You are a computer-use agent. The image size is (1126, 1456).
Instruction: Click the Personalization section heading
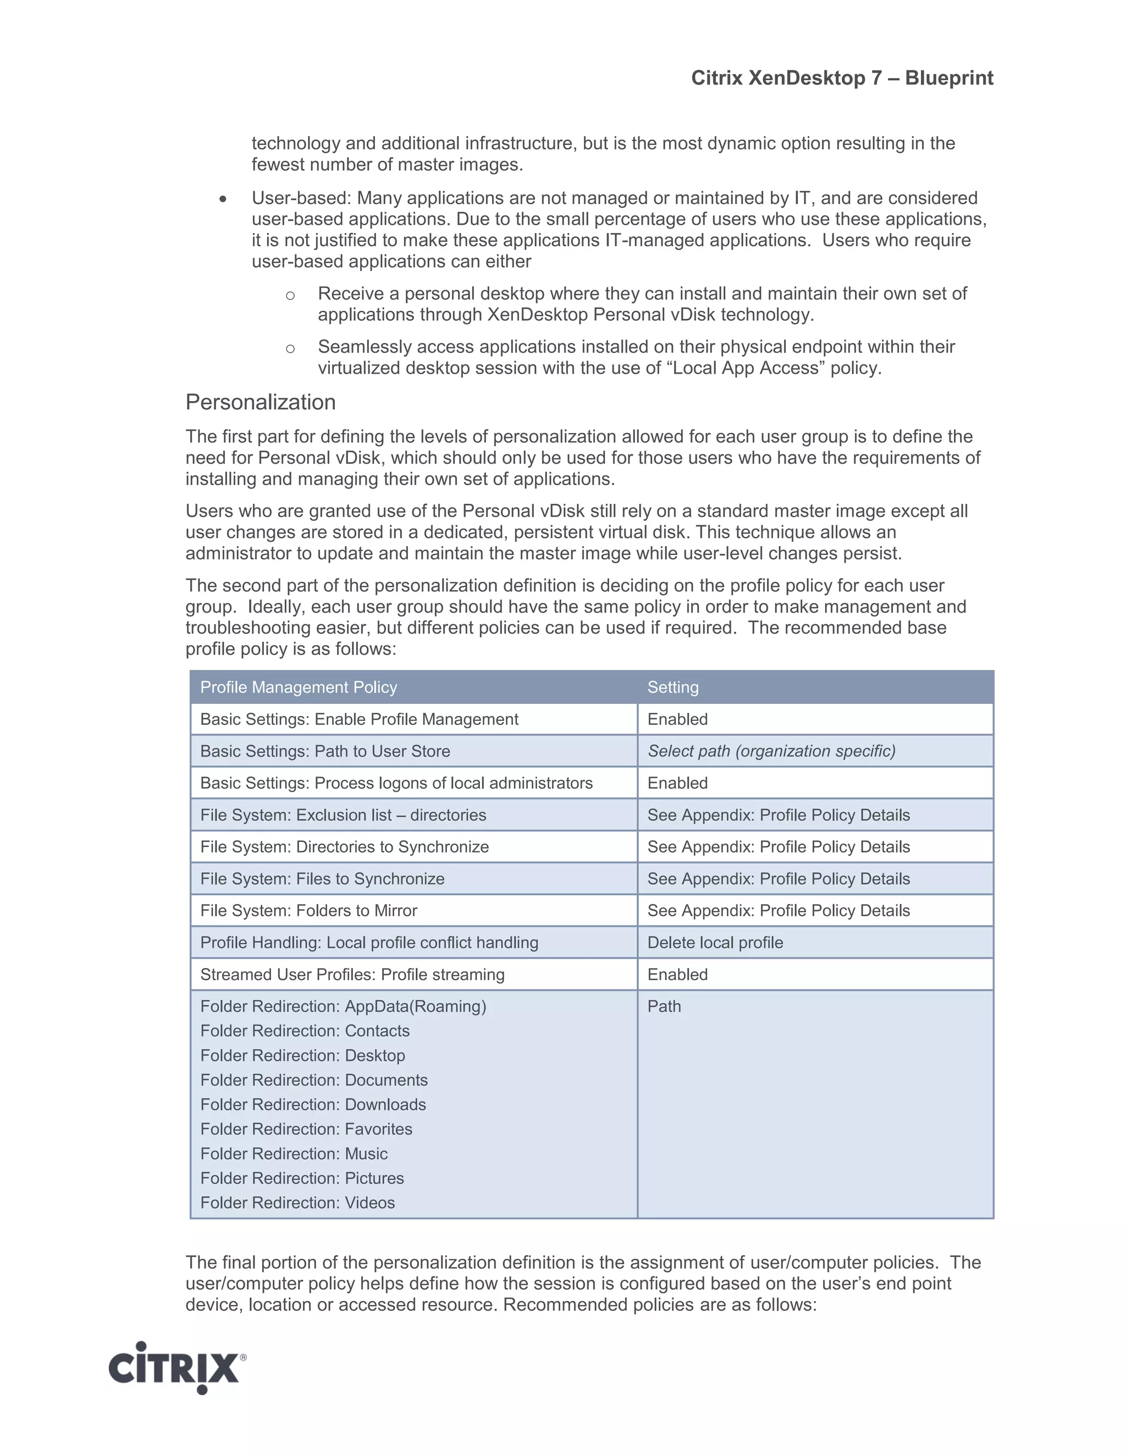point(260,402)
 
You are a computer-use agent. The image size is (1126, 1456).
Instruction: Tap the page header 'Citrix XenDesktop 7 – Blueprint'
point(842,78)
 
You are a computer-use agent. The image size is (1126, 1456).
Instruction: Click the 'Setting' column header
point(672,687)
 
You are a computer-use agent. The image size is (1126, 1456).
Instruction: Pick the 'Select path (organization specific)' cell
point(771,751)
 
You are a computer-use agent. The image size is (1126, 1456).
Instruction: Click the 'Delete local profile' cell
point(715,943)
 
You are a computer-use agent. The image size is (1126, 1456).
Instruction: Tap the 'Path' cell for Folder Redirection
point(664,1007)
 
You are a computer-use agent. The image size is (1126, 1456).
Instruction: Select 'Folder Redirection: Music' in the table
point(294,1154)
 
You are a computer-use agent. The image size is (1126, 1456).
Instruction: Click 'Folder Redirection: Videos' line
point(297,1203)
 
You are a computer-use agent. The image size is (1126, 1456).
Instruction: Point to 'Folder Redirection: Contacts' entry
point(305,1031)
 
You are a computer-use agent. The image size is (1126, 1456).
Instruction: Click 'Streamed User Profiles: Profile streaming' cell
point(352,975)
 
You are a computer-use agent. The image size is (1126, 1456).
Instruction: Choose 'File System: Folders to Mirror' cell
point(308,910)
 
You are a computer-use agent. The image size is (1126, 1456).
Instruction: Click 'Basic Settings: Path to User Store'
point(325,751)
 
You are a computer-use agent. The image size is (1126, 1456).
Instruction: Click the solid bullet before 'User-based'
point(223,199)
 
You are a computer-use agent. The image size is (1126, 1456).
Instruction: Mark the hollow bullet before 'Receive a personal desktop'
point(290,296)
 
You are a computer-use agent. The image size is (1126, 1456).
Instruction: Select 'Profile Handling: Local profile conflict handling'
point(369,943)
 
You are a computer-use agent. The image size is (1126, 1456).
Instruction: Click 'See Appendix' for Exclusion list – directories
point(778,815)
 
